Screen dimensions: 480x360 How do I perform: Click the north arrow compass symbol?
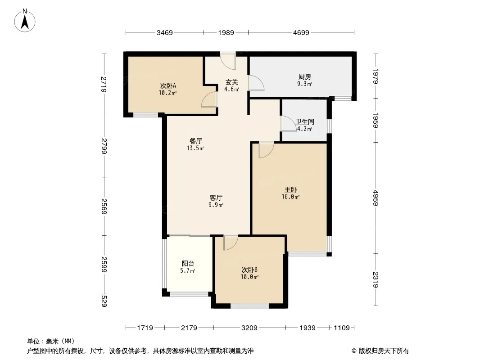click(25, 21)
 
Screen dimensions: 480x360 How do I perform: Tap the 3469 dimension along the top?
click(165, 33)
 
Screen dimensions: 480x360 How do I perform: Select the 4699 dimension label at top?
click(301, 33)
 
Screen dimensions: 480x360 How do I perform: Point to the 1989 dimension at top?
click(226, 33)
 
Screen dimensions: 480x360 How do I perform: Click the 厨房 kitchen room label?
click(304, 77)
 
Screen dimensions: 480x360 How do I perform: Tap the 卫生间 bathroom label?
click(304, 122)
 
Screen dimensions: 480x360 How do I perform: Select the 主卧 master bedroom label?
click(290, 190)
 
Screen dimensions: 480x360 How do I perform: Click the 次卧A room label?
click(168, 85)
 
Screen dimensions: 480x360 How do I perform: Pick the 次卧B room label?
click(249, 270)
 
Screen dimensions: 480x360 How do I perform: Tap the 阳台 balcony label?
click(188, 263)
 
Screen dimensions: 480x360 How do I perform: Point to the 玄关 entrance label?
click(232, 82)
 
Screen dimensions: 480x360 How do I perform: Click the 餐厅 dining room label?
click(195, 141)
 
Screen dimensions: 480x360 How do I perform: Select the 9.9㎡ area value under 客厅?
click(216, 205)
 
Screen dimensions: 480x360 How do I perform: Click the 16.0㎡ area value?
click(290, 197)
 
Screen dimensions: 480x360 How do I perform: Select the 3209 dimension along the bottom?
click(249, 328)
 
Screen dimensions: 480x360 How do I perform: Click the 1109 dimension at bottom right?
click(342, 328)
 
